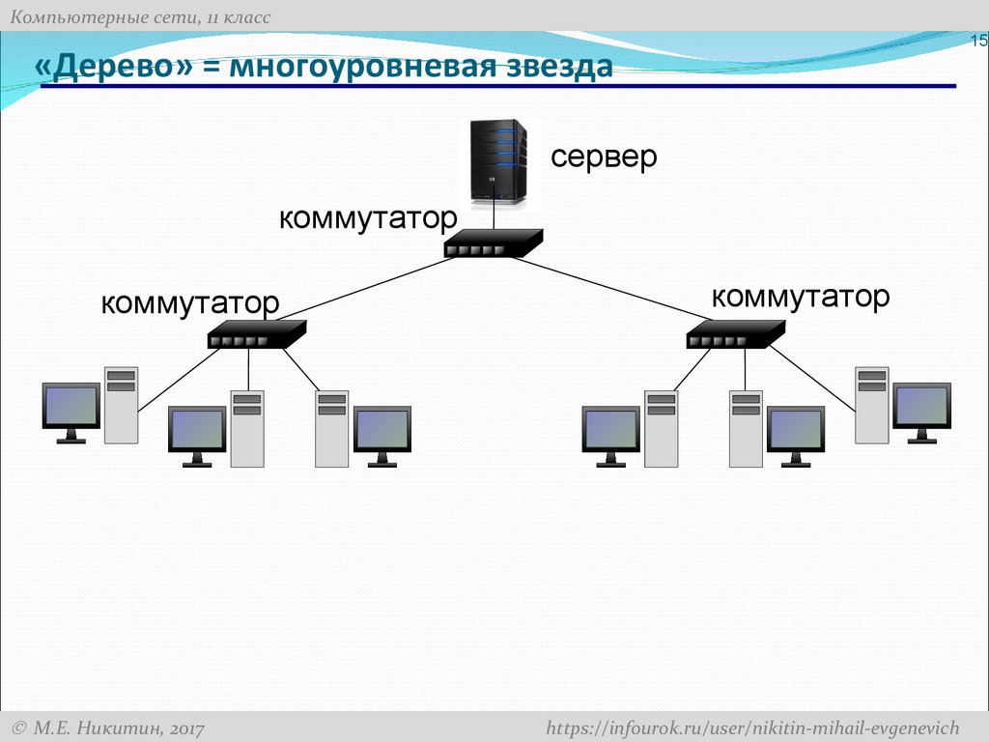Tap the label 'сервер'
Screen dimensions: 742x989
(604, 157)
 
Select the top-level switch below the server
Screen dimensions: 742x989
(494, 243)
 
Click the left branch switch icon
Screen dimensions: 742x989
(256, 334)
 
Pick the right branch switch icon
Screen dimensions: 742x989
(735, 334)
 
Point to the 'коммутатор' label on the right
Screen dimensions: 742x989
(800, 297)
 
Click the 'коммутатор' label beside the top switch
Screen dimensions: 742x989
(367, 218)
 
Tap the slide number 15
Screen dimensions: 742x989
(977, 41)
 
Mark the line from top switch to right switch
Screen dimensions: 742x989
(618, 288)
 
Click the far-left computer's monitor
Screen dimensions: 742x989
(71, 407)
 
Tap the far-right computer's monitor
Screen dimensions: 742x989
(921, 407)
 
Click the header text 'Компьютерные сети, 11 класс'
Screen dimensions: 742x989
(140, 17)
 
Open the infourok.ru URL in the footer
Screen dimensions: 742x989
(752, 727)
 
